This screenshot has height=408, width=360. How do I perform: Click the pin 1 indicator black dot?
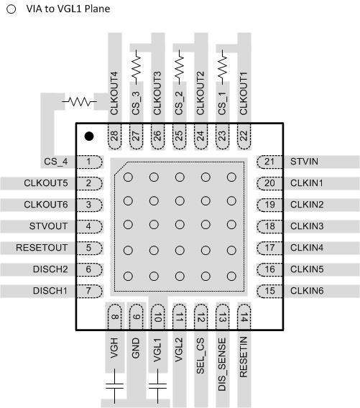(89, 135)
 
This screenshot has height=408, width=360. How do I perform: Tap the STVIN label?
(303, 162)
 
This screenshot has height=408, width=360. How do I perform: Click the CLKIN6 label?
(308, 291)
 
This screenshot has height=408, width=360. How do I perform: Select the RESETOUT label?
(42, 248)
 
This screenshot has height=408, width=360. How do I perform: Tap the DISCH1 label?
(50, 291)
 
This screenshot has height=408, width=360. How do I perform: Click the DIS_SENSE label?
(223, 351)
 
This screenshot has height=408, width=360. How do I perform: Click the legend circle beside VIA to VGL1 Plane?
(10, 11)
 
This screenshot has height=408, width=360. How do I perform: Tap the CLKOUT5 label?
(45, 183)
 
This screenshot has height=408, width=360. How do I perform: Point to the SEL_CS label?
(201, 346)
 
